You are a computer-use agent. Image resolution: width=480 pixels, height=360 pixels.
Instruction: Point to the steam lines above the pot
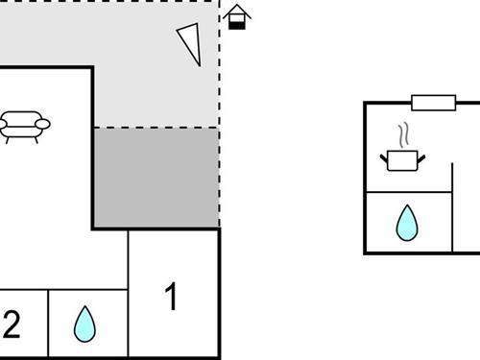pyautogui.click(x=403, y=132)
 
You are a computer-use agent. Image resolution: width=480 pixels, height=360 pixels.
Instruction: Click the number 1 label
pyautogui.click(x=171, y=298)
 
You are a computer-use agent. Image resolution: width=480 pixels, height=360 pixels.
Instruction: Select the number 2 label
pyautogui.click(x=12, y=325)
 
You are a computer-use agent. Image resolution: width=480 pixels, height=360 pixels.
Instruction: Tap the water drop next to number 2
pyautogui.click(x=85, y=324)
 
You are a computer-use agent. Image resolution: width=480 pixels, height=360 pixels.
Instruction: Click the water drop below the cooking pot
pyautogui.click(x=407, y=223)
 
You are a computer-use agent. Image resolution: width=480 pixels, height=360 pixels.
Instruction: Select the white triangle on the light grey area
pyautogui.click(x=191, y=42)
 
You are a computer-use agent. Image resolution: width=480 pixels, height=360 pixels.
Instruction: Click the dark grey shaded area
pyautogui.click(x=156, y=178)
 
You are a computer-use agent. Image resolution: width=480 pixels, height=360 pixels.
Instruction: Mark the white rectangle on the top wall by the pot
pyautogui.click(x=433, y=102)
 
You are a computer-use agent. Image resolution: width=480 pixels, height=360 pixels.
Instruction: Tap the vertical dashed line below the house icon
pyautogui.click(x=220, y=115)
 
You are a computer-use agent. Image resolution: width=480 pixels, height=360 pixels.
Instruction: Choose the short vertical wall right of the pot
pyautogui.click(x=452, y=178)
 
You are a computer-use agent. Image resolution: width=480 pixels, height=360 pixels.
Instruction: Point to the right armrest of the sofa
pyautogui.click(x=43, y=123)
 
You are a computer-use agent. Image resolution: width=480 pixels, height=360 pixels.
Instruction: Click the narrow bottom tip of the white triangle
pyautogui.click(x=199, y=62)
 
